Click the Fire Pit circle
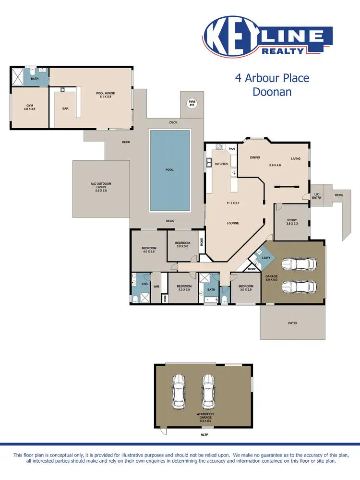pos(192,104)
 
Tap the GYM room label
pos(30,107)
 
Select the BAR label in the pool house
pos(65,108)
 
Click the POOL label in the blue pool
pos(169,169)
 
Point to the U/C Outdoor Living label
pos(101,187)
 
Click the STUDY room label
pos(292,221)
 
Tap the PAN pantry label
pos(232,149)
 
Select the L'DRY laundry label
pos(265,258)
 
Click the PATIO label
pos(292,323)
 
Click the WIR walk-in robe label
pos(156,287)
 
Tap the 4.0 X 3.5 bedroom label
pos(148,250)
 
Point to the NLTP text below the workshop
pos(204,434)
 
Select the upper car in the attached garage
pos(299,264)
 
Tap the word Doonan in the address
pos(272,92)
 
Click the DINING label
pos(254,157)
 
